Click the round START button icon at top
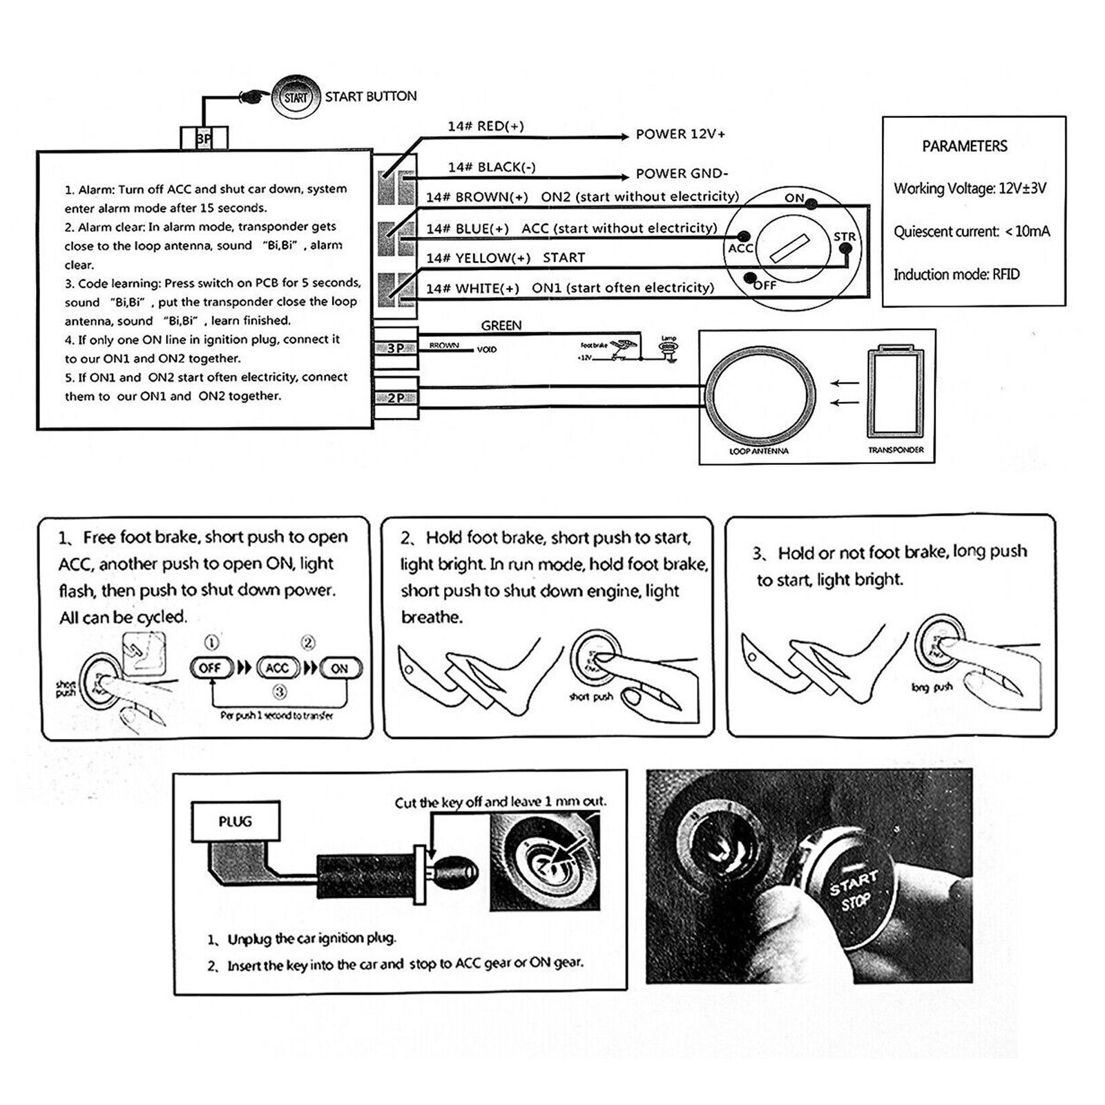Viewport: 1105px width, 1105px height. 295,97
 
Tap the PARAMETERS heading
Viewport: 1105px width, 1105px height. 964,146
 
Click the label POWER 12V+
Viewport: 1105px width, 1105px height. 680,135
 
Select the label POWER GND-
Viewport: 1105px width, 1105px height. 682,174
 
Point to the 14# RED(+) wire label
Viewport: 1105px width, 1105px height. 486,126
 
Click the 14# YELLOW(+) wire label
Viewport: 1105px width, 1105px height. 478,258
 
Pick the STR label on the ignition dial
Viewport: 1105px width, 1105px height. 844,237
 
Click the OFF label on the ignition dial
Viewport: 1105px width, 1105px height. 765,285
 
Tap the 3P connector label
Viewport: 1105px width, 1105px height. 395,349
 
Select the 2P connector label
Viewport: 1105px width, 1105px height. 395,398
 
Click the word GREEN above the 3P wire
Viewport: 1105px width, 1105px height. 501,325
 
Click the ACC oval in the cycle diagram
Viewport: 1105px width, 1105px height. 277,669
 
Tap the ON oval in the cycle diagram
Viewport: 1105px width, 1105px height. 339,669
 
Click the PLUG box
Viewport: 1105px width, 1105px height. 235,822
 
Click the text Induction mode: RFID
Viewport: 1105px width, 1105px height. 956,275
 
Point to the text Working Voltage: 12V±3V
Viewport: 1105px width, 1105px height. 970,189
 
